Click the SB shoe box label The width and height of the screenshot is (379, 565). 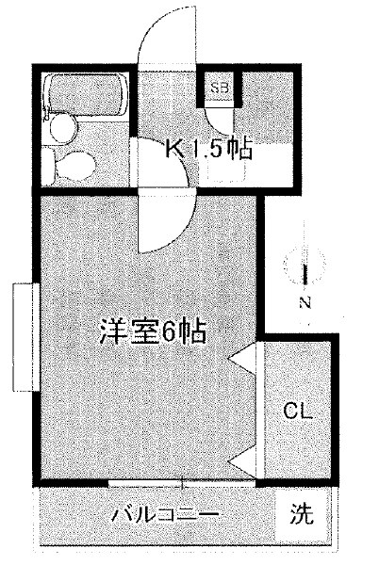220,88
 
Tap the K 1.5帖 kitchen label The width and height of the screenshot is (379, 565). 208,148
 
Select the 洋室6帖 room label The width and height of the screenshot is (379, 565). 154,331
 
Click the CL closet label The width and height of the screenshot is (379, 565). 297,411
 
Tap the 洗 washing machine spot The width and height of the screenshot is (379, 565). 302,513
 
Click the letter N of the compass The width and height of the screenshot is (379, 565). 305,302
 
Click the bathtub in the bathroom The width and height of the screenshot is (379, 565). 85,92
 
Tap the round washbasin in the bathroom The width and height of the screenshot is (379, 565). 63,129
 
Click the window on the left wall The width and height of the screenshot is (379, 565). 26,337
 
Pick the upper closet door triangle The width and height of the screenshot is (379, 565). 242,358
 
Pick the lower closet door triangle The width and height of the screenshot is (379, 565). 242,463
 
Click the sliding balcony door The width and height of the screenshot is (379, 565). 182,483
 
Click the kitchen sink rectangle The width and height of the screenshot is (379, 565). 226,169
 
